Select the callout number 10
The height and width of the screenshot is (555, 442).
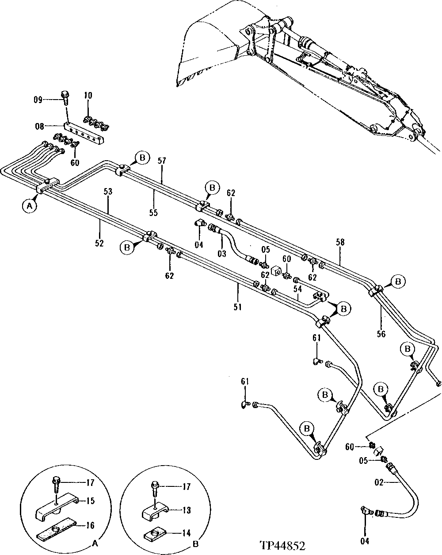88,95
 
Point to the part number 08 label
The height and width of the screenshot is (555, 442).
39,127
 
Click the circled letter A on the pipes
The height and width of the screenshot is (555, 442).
29,206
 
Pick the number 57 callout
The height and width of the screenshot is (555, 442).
162,160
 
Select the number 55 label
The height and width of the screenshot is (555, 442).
153,212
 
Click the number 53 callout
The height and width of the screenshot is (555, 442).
108,192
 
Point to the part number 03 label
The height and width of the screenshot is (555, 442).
221,254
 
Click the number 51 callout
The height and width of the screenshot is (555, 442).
238,306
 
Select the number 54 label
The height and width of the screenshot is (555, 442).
297,289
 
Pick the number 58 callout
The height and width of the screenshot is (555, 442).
340,242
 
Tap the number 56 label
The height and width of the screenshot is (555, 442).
381,334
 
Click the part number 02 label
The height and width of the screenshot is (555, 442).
379,483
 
